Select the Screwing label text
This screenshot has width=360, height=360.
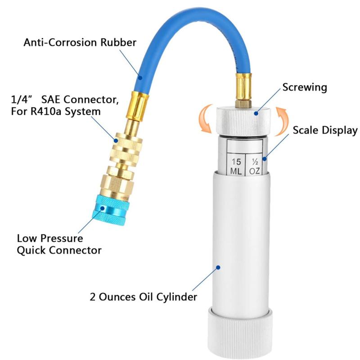coord(304,87)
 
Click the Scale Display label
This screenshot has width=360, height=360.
coord(325,130)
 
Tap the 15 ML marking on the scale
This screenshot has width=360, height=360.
coord(236,166)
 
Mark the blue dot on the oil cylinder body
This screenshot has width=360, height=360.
coord(218,267)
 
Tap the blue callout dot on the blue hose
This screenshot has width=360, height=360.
coord(141,78)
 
